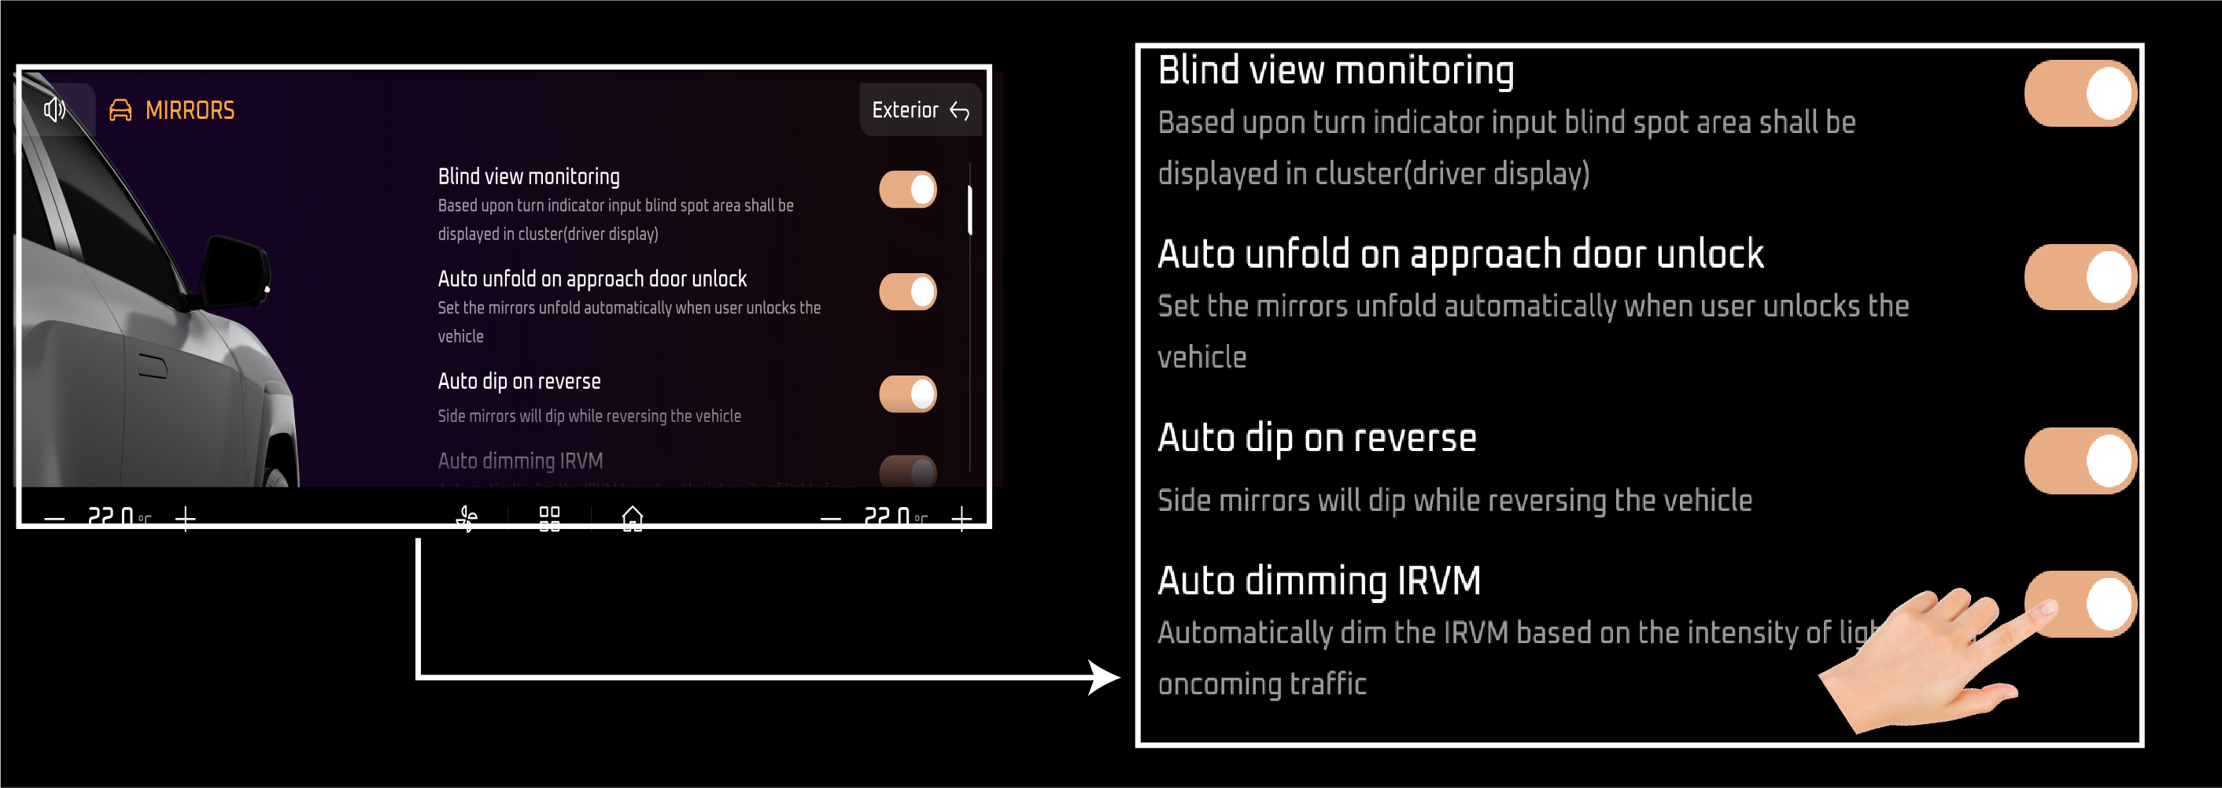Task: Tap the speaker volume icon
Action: tap(54, 109)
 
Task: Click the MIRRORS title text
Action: tap(190, 110)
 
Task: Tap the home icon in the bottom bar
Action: tap(633, 518)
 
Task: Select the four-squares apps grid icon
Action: tap(549, 518)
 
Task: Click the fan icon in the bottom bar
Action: tap(467, 518)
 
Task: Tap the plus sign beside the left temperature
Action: tap(186, 518)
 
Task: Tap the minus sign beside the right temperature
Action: tap(831, 518)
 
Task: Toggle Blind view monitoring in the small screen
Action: tap(907, 189)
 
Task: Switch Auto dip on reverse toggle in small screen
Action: tap(907, 394)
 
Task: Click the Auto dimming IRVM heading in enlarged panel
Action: tap(1319, 581)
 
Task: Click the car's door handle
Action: tap(153, 366)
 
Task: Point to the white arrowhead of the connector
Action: tap(1103, 678)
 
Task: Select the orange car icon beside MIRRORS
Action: tap(120, 110)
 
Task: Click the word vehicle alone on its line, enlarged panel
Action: tap(1201, 357)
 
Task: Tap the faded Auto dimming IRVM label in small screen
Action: tap(520, 461)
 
